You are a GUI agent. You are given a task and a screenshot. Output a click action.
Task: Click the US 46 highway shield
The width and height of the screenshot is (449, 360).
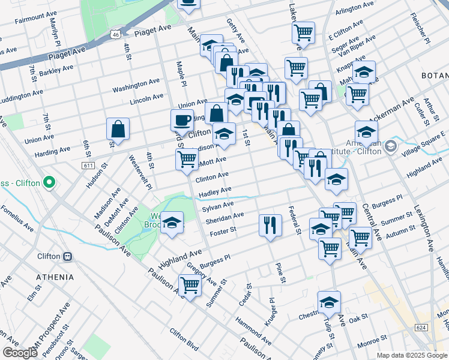[x=115, y=35]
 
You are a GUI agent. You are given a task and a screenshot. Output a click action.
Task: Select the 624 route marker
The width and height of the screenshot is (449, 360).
[x=421, y=328]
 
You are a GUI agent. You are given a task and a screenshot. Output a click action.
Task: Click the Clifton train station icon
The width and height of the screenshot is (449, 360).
[x=68, y=256]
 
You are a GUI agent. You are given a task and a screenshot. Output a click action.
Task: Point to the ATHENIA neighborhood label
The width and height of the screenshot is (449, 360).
[x=55, y=277]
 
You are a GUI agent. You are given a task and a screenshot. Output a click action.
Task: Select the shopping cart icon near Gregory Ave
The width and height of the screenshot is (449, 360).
[x=190, y=284]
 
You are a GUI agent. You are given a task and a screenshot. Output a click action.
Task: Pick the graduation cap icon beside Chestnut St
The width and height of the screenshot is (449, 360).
[x=329, y=302]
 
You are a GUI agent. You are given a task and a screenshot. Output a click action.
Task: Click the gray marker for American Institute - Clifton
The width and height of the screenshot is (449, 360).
[x=391, y=146]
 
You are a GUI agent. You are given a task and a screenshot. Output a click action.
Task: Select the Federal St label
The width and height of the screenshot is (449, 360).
[x=294, y=220]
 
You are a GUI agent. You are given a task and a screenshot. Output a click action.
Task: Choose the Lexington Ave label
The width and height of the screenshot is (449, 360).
[x=423, y=229]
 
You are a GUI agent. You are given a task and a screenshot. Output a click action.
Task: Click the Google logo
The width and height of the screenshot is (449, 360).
[x=20, y=353]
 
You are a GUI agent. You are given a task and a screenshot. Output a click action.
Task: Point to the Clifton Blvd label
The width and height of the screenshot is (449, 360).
[x=184, y=340]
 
